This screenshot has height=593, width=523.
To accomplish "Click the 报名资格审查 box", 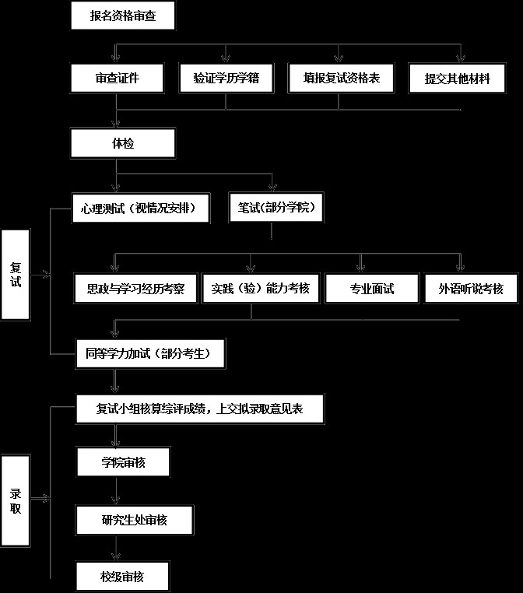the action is coord(123,16).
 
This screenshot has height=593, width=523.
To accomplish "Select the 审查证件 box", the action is coord(117,79).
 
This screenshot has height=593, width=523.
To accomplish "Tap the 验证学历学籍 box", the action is coord(226,79).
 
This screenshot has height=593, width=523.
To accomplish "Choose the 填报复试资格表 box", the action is coord(341,79).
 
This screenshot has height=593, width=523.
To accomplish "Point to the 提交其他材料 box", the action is coord(457,79).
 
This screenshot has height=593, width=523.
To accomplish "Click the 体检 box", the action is coord(123,143).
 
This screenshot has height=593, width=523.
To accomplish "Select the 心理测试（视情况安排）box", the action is coord(140,208).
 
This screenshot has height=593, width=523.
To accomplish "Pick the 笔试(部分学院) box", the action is coord(276,207).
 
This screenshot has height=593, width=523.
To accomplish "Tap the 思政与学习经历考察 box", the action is coord(135,289).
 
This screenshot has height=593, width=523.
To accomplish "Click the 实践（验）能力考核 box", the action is coord(261,289).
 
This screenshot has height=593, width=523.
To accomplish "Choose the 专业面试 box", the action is coord(372,289).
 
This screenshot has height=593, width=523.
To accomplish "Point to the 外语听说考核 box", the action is coord(471,289).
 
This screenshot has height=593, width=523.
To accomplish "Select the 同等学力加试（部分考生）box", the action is coord(150,353).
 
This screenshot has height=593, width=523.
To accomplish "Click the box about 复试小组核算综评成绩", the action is coord(200,409).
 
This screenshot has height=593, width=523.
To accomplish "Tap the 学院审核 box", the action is coord(123,462).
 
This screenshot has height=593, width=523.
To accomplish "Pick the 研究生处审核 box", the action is coord(134,520).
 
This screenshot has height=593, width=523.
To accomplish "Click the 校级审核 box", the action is coord(122,577).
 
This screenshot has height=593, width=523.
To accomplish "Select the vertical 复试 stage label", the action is coord(16,275).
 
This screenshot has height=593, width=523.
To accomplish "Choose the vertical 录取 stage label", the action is coord(16,500).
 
